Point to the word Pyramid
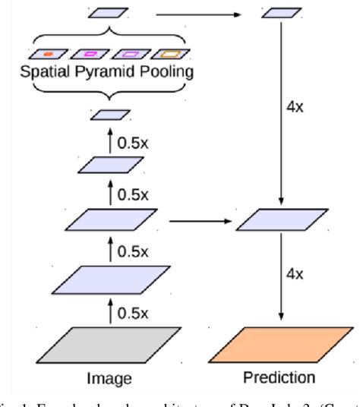106,73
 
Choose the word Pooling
164,73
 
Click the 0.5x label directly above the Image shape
132,311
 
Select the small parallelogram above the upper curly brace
108,13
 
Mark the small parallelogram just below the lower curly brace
108,115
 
